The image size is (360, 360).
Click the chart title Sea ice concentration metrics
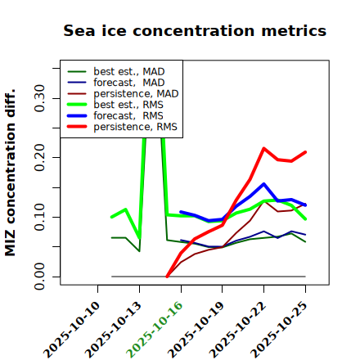195,30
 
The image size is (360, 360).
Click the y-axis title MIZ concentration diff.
10,173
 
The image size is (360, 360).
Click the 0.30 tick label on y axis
39,98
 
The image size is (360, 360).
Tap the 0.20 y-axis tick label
39,158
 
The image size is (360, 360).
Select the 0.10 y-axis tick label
39,217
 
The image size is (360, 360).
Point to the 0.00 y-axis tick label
39,277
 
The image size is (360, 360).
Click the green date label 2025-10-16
155,330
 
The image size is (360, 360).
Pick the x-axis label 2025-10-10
71,330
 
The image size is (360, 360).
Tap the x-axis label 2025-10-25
279,330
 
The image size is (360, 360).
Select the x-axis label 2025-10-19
196,330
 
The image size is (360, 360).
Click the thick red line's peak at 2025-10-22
263,148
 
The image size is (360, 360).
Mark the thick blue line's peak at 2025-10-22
263,184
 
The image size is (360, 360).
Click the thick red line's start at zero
167,277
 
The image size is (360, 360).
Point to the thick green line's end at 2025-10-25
305,218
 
